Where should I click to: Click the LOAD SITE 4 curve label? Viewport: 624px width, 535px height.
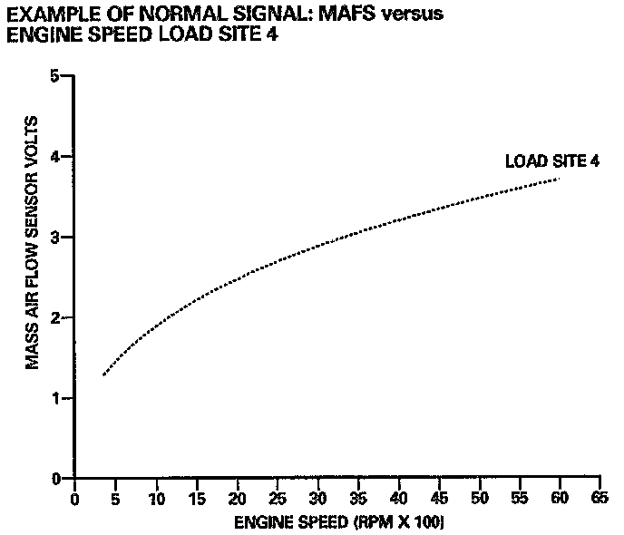(x=539, y=162)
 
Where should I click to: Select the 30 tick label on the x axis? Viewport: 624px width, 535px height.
(x=317, y=498)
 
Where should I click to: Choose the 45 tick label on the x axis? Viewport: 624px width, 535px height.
(x=439, y=498)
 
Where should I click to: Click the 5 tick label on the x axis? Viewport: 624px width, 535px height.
(x=115, y=498)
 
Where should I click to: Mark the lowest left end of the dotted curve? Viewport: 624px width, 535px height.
(x=103, y=374)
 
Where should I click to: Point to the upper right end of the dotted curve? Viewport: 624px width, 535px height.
(x=560, y=179)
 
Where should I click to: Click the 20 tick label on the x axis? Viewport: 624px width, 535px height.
(x=237, y=498)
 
